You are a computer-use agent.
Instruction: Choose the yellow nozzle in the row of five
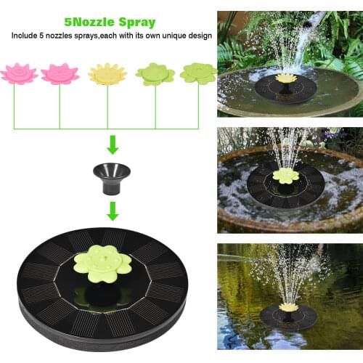(x=107, y=74)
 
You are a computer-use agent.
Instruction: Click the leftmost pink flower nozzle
(x=17, y=73)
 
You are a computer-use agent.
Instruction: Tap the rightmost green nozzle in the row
(x=197, y=73)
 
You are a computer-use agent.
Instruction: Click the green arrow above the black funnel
(x=113, y=145)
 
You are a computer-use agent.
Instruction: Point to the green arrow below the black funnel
(x=113, y=211)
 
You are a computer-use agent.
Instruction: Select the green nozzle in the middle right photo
(x=286, y=175)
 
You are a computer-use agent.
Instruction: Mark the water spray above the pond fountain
(x=290, y=272)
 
